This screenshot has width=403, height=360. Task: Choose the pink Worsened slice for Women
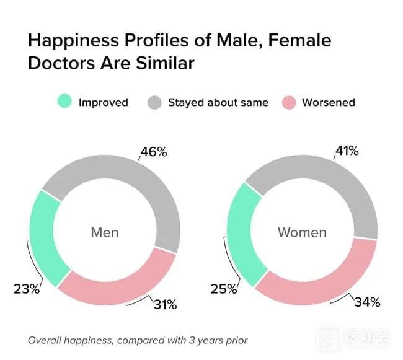(322, 282)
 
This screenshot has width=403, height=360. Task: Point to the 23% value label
(26, 289)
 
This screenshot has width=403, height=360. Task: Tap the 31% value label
(165, 304)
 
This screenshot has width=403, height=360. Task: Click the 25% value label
(224, 289)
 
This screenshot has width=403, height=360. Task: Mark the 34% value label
(367, 302)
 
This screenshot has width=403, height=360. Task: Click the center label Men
(105, 233)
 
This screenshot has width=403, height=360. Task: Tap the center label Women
(302, 233)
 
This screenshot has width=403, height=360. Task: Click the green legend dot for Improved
(64, 102)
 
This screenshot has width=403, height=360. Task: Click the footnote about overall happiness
(138, 340)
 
